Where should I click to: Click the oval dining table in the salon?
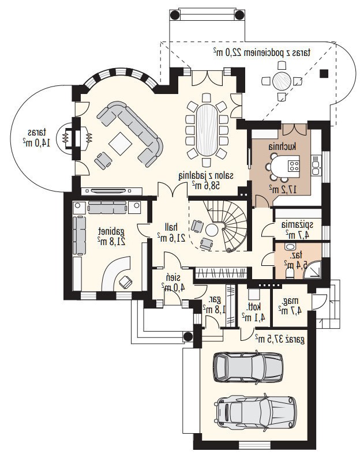207,129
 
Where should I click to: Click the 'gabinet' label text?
112,231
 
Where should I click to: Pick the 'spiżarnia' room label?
297,224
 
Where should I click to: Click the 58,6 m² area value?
205,186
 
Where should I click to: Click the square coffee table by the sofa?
121,144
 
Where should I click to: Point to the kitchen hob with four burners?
294,166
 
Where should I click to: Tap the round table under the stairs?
212,230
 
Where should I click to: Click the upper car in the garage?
248,367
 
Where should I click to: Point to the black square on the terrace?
324,73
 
